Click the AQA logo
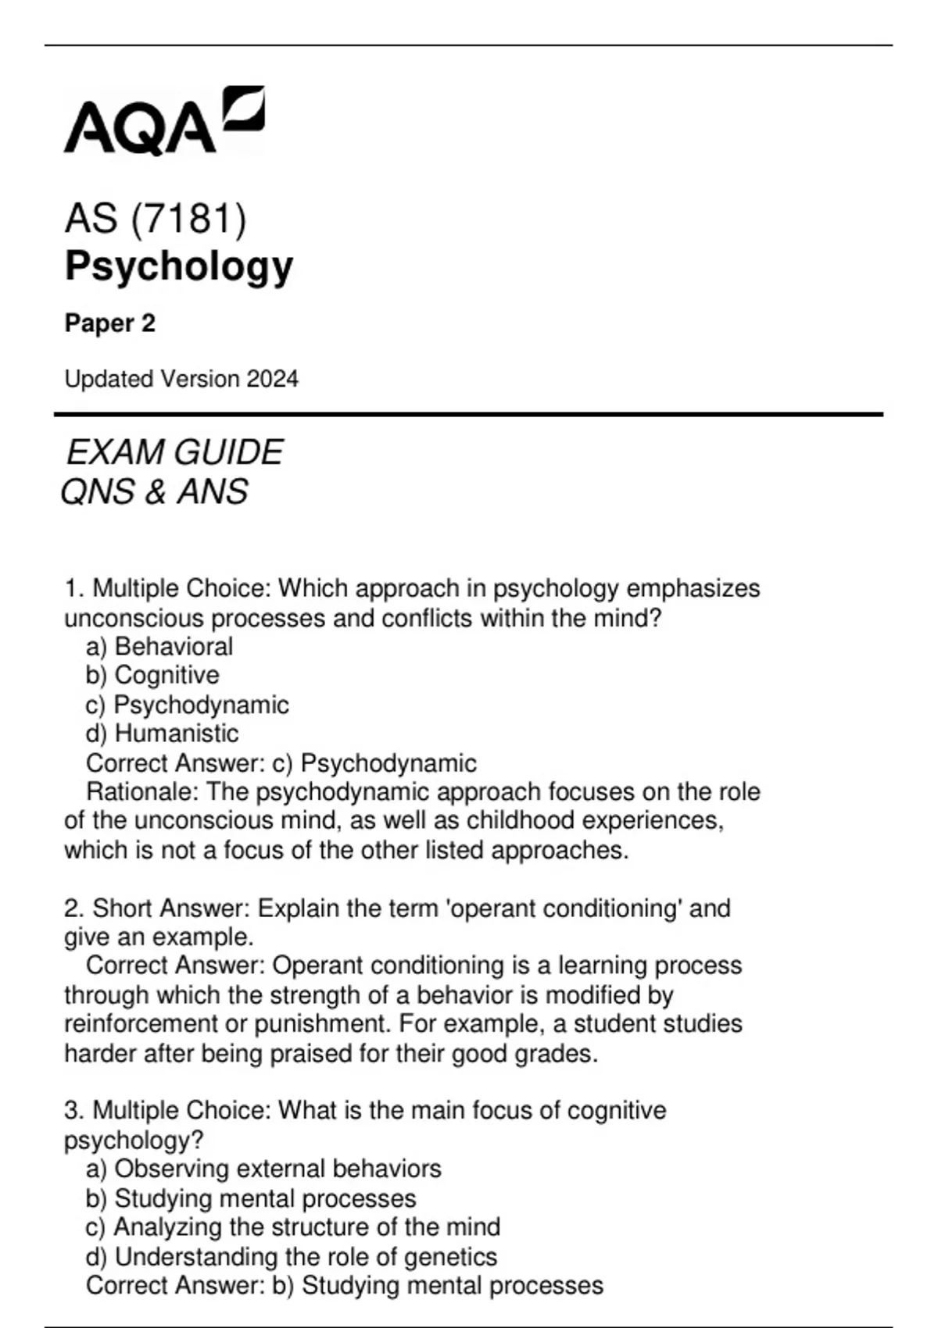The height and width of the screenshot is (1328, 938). [x=163, y=121]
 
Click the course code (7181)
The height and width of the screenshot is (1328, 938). [x=188, y=218]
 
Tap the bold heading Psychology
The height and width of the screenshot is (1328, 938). [x=179, y=266]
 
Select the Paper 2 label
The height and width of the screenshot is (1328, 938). [x=110, y=323]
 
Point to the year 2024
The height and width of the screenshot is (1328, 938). [x=272, y=380]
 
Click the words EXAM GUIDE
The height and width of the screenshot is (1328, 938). [x=174, y=453]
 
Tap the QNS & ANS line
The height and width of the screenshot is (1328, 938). [x=154, y=492]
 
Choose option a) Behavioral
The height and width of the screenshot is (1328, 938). [x=159, y=647]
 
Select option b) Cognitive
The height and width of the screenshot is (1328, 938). [x=152, y=676]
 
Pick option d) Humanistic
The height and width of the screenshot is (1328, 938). [x=162, y=734]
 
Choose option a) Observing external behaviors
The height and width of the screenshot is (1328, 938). [x=263, y=1169]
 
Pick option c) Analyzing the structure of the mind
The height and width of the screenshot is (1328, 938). [x=293, y=1227]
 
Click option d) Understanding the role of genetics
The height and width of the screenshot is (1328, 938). [x=292, y=1257]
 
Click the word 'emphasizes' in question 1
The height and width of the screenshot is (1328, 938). [x=693, y=588]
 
